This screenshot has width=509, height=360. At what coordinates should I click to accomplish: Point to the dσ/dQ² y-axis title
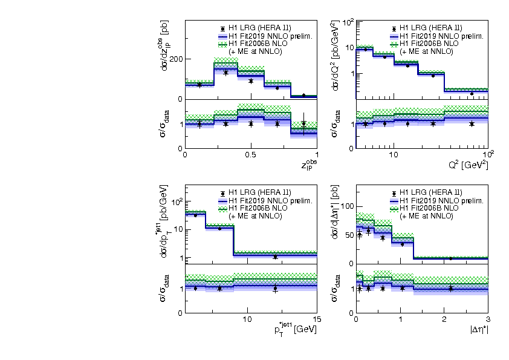(335, 56)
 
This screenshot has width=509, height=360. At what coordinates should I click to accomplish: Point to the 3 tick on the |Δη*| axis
(487, 319)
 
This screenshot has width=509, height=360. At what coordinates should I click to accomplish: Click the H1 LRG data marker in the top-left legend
(224, 28)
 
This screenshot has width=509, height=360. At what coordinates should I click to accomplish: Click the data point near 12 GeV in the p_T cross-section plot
(275, 257)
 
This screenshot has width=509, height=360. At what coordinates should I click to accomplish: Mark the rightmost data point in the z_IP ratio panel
(303, 123)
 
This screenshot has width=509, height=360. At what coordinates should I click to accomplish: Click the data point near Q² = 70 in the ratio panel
(472, 123)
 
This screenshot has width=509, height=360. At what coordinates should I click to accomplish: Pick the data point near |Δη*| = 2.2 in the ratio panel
(450, 288)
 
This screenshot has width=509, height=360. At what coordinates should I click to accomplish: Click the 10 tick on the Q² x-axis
(393, 155)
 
